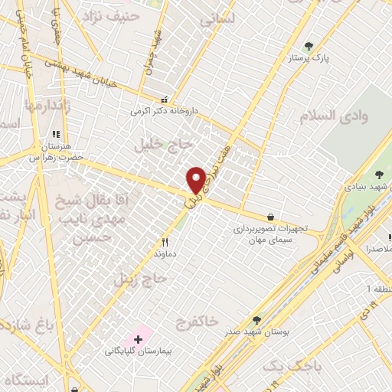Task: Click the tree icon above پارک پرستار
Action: point(309,45)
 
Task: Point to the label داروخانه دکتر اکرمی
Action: point(164,111)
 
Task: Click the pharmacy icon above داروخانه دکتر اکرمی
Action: point(163,99)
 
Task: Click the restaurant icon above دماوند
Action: point(164,240)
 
